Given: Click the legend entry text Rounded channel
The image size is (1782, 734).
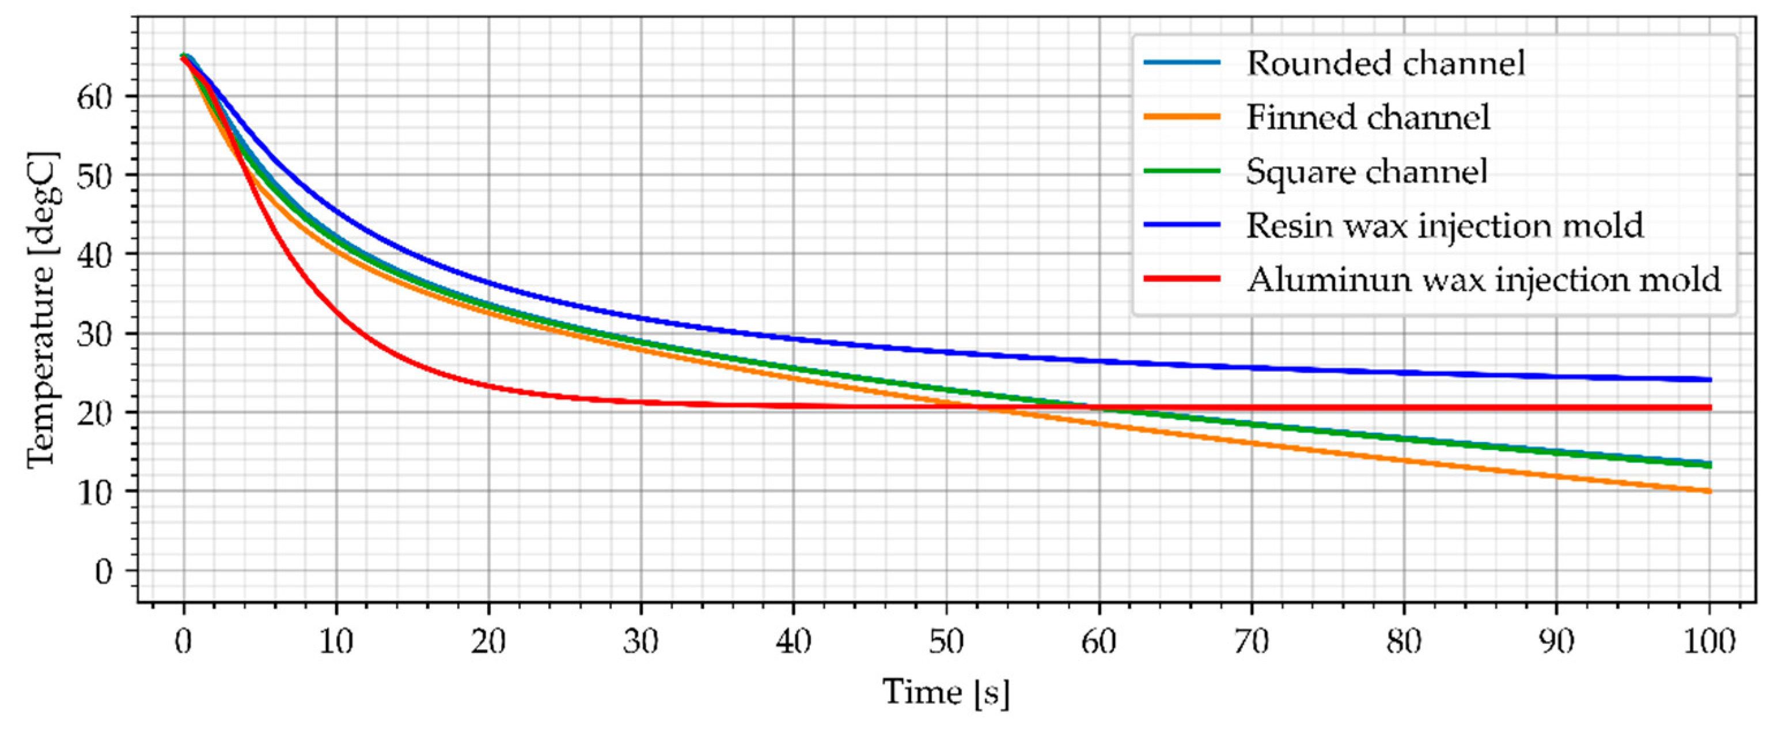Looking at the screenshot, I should pyautogui.click(x=1386, y=63).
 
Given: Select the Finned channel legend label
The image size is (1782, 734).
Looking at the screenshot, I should pyautogui.click(x=1368, y=117).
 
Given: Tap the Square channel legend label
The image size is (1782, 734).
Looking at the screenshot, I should pyautogui.click(x=1366, y=172).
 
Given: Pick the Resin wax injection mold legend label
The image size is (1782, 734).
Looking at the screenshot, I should pyautogui.click(x=1444, y=225).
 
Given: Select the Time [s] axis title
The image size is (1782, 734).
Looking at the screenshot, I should pyautogui.click(x=946, y=693).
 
